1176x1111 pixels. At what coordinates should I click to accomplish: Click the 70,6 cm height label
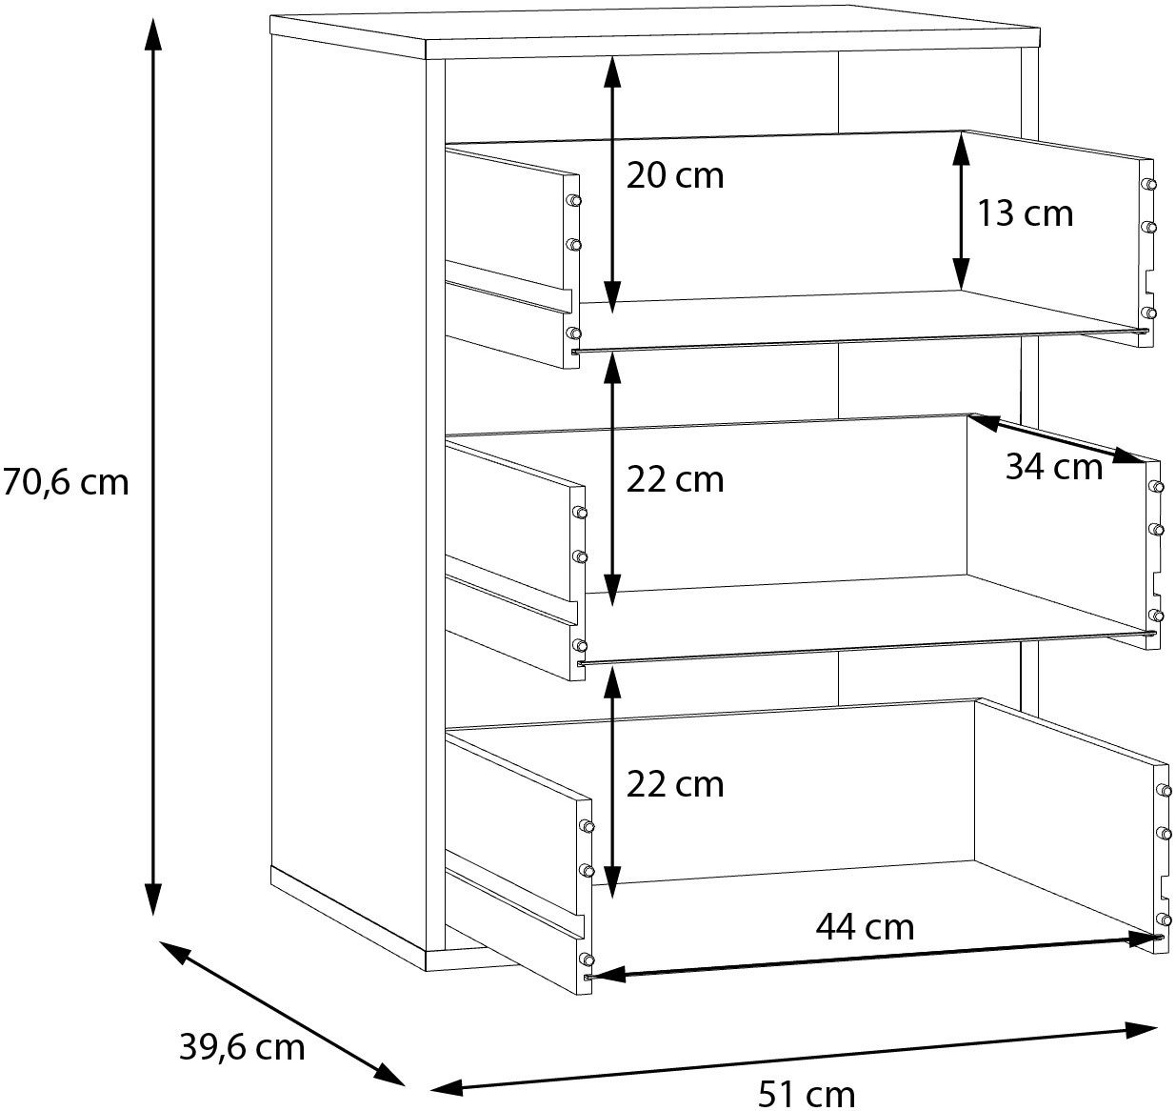[x=65, y=482]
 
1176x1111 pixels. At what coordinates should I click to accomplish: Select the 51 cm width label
[x=807, y=1094]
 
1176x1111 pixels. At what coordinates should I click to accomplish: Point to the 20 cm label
[x=675, y=176]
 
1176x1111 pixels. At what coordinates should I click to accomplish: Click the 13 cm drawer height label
[x=1025, y=213]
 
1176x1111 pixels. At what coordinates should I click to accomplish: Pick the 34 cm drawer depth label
[x=1054, y=466]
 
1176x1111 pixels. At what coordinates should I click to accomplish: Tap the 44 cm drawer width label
[x=866, y=927]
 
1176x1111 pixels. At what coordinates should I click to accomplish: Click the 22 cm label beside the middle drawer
[x=675, y=479]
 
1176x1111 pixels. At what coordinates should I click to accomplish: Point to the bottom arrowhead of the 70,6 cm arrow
[x=152, y=898]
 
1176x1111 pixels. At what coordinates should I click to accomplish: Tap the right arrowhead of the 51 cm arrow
[x=1141, y=1030]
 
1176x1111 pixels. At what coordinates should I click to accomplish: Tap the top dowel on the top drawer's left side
[x=573, y=200]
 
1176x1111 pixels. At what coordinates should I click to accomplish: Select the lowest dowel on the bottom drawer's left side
[x=587, y=959]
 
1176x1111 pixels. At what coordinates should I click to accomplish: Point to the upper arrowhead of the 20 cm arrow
[x=612, y=72]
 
